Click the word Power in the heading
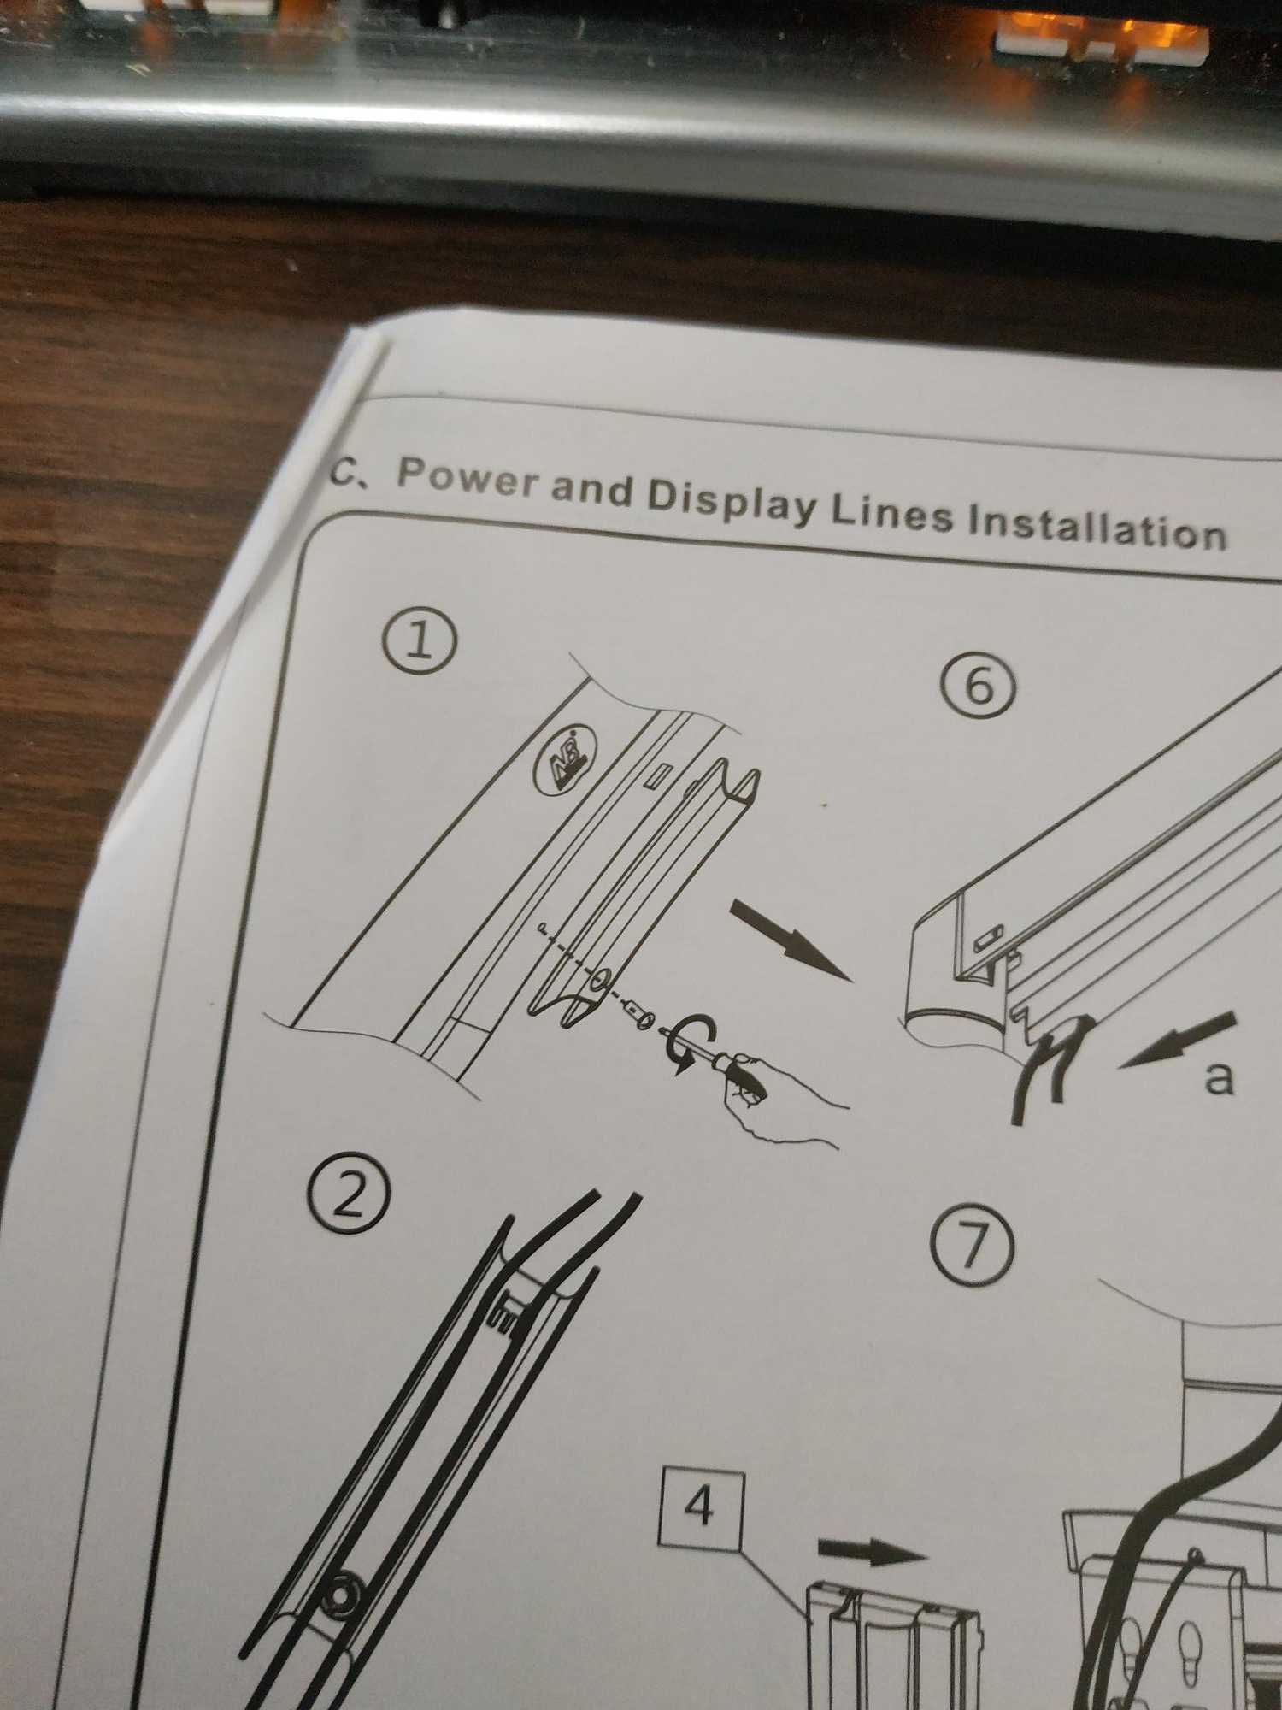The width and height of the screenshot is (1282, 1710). pyautogui.click(x=469, y=479)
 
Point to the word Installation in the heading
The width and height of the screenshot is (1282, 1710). pyautogui.click(x=1097, y=525)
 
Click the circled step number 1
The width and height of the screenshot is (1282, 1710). pyautogui.click(x=418, y=642)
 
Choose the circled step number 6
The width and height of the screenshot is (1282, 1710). pyautogui.click(x=979, y=687)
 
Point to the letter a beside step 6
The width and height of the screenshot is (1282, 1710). pyautogui.click(x=1219, y=1076)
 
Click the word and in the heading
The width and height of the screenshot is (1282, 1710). pyautogui.click(x=592, y=488)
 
